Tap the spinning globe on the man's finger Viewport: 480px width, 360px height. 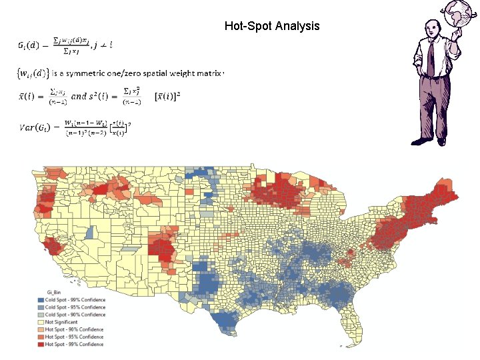click(x=459, y=13)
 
